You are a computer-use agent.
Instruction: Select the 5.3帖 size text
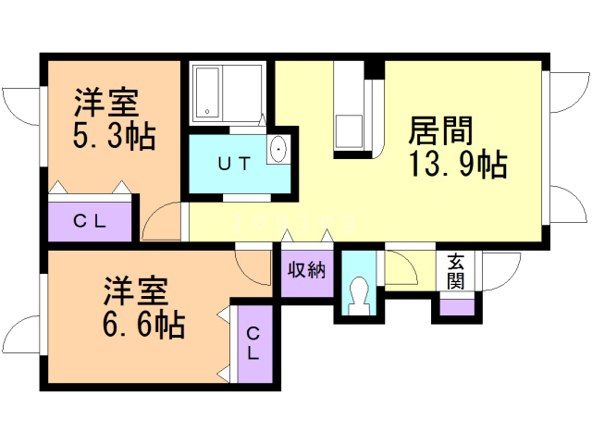(x=113, y=135)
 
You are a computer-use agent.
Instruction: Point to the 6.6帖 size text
(x=142, y=324)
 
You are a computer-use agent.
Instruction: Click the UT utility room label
(x=233, y=164)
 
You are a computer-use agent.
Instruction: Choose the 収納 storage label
(x=306, y=270)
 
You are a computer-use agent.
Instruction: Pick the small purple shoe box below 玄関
(x=456, y=306)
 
